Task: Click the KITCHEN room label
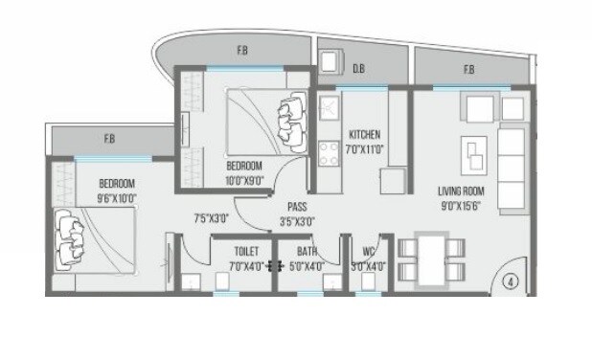coord(365,133)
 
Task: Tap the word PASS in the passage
coord(296,207)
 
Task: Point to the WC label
coord(368,253)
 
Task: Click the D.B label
coord(358,68)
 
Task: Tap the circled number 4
coord(512,283)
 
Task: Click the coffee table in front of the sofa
coord(473,152)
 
